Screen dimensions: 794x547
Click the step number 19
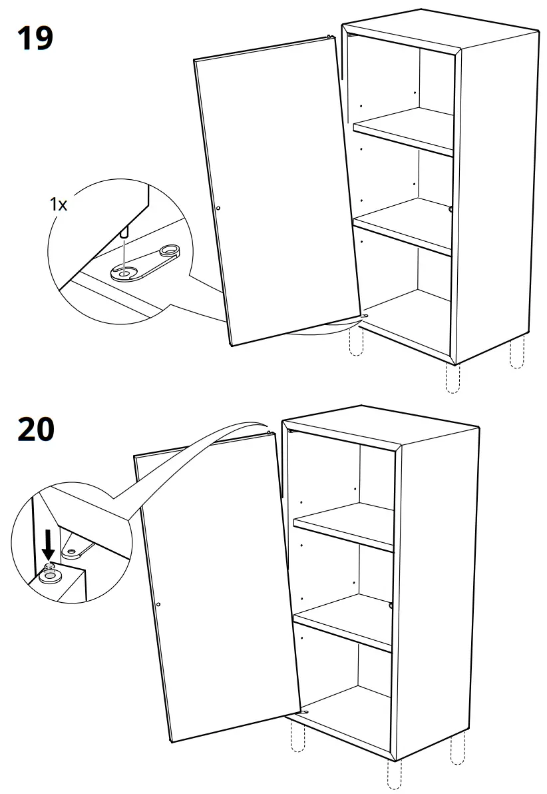(x=35, y=38)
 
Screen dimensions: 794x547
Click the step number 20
(x=36, y=430)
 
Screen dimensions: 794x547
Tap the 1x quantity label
(x=59, y=204)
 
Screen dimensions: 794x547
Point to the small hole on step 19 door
(x=218, y=208)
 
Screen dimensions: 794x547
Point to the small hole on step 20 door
(x=158, y=604)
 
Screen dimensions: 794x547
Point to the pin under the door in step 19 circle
(x=124, y=233)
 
